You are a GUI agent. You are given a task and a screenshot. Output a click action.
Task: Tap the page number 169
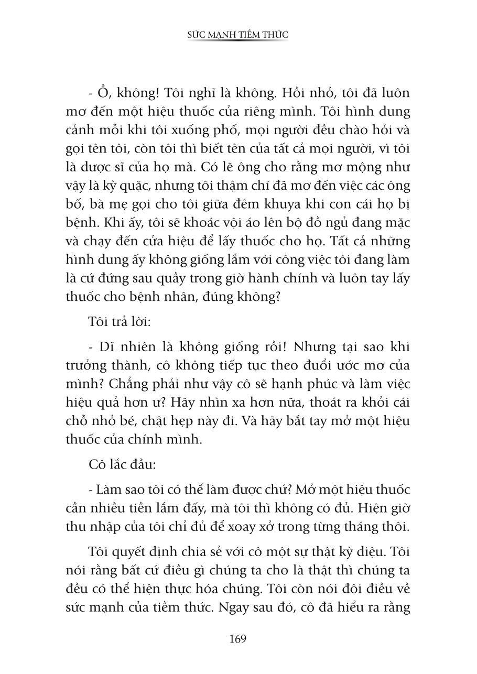pos(238,639)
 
